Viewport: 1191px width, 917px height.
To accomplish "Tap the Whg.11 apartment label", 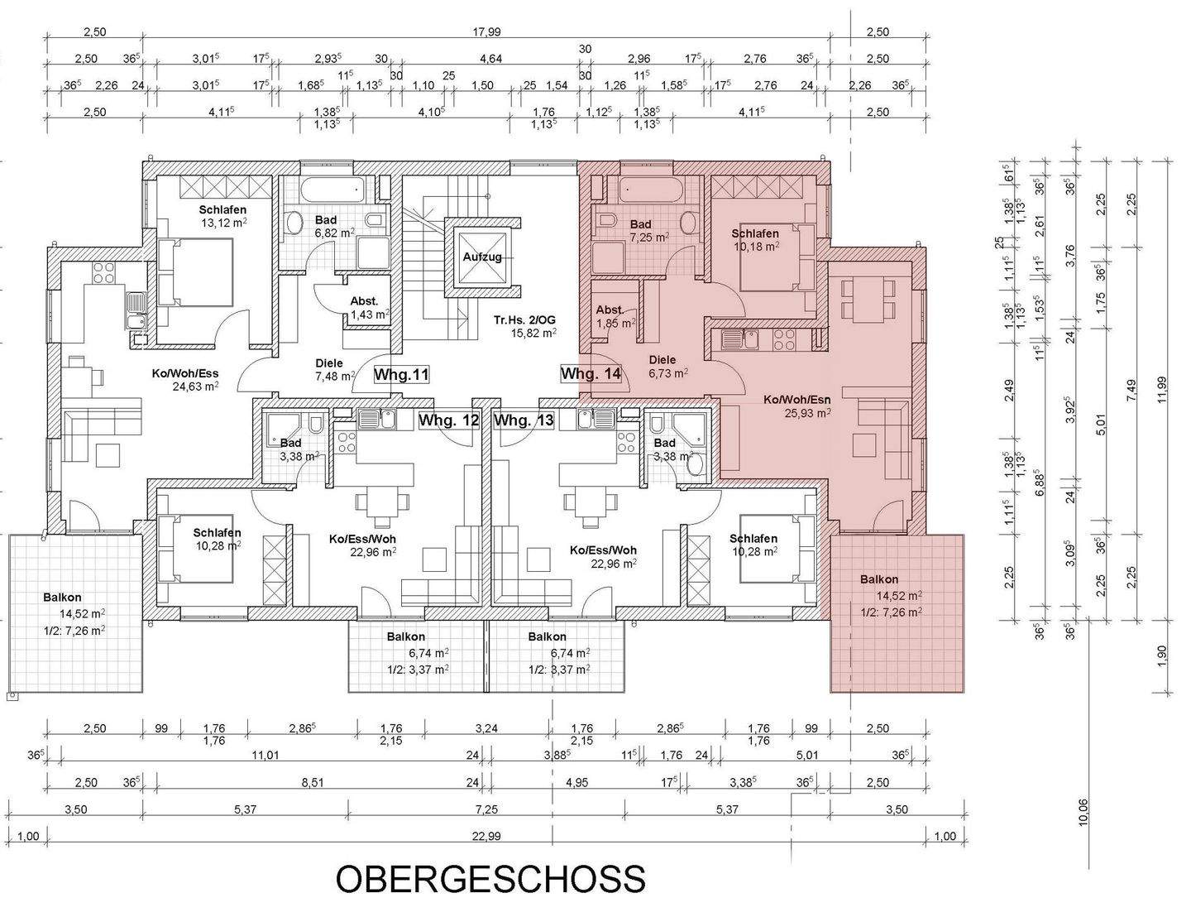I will tap(401, 375).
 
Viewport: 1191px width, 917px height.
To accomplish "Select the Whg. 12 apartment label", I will tap(448, 420).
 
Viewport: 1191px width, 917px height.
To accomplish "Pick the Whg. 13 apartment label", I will tap(524, 420).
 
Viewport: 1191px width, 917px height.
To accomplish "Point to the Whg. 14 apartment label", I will tap(591, 374).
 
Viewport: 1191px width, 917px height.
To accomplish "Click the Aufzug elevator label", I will tap(482, 257).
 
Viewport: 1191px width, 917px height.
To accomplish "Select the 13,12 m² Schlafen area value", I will tap(222, 223).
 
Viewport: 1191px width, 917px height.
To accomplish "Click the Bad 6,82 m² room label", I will tap(326, 227).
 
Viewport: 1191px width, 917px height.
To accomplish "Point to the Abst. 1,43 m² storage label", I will tap(365, 308).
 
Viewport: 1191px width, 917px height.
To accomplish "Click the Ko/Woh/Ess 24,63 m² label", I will tap(184, 379).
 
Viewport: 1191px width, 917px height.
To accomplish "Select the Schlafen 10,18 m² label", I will tap(754, 240).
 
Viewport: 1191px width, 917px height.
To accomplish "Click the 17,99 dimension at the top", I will tap(487, 32).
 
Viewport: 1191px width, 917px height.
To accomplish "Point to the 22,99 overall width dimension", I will tap(486, 836).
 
